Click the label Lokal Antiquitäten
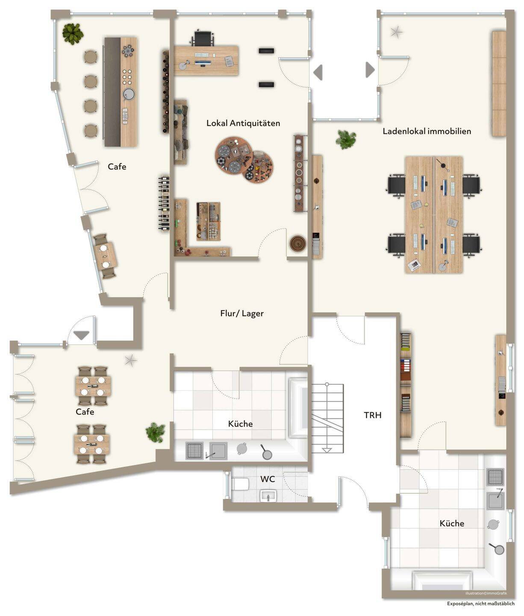[x=243, y=123]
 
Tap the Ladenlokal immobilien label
[x=427, y=131]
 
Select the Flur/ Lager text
[x=242, y=313]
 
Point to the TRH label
[x=372, y=415]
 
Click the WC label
[x=268, y=479]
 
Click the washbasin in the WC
[x=268, y=496]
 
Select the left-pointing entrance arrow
[x=318, y=72]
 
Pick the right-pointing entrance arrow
[x=370, y=70]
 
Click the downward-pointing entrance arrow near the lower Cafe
[x=81, y=335]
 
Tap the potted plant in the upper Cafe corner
[x=73, y=34]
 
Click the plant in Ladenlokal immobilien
[x=346, y=139]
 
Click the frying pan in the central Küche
[x=266, y=453]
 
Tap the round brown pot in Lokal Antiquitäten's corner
[x=298, y=243]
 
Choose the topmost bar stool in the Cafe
[x=91, y=56]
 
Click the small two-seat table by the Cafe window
[x=105, y=256]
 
